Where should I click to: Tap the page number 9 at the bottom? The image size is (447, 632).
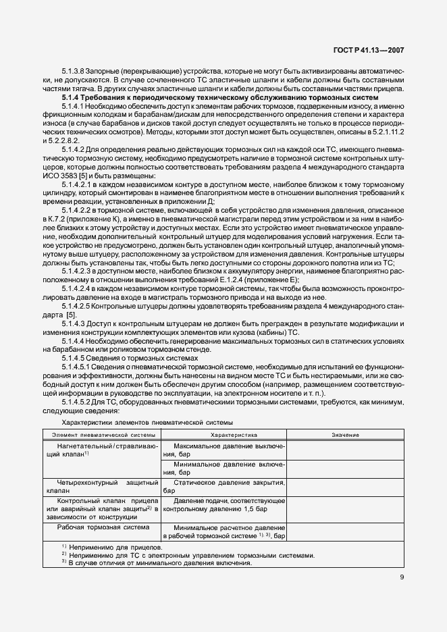[x=401, y=577]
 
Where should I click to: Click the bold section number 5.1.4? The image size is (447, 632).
[x=70, y=99]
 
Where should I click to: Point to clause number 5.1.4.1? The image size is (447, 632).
[x=73, y=107]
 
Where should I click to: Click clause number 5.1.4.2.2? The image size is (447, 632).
[x=77, y=211]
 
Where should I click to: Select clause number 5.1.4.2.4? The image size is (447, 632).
[x=77, y=289]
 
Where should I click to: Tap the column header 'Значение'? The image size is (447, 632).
[x=345, y=435]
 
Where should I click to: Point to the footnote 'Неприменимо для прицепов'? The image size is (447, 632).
[x=114, y=547]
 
